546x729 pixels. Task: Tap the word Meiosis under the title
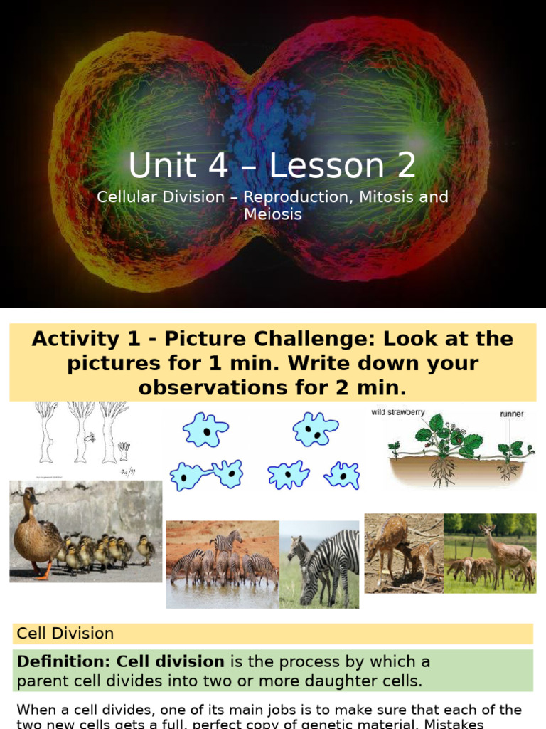tap(272, 214)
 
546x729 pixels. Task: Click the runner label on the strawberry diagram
tap(511, 413)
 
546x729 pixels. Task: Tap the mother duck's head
tap(30, 497)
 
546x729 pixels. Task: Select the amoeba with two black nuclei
tap(316, 429)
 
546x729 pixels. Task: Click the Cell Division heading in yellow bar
tap(65, 633)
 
